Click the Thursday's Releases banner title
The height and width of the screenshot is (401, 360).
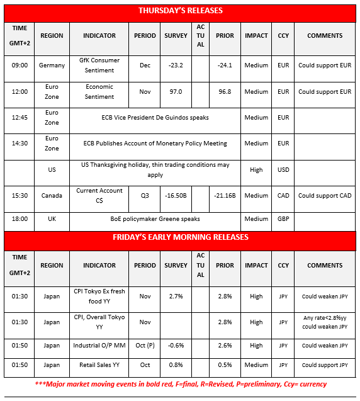[x=180, y=11]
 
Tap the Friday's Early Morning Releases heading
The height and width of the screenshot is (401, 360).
[x=180, y=237]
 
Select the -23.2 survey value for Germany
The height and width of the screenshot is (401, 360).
[x=176, y=65]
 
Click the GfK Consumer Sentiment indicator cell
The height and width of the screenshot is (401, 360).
[x=99, y=65]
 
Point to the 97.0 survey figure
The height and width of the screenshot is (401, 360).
[x=176, y=92]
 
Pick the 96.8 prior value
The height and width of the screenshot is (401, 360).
[x=225, y=92]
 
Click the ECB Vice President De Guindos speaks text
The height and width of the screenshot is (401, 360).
[x=155, y=117]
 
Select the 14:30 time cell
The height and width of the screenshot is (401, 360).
[x=20, y=144]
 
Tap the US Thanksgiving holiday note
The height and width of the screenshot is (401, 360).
[x=155, y=169]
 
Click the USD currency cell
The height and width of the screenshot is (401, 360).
[x=283, y=169]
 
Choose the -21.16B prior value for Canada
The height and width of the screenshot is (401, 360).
[x=225, y=196]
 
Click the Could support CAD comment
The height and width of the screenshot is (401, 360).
[x=325, y=196]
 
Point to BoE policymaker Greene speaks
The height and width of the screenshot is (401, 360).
[x=155, y=219]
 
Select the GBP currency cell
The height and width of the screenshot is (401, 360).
[x=283, y=219]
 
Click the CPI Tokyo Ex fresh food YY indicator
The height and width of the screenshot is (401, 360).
[x=99, y=296]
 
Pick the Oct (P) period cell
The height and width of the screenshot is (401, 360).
[x=145, y=346]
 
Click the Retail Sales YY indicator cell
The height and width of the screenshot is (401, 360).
[x=99, y=365]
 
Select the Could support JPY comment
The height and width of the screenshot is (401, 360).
[x=325, y=365]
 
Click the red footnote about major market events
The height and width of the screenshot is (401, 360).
[x=180, y=384]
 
